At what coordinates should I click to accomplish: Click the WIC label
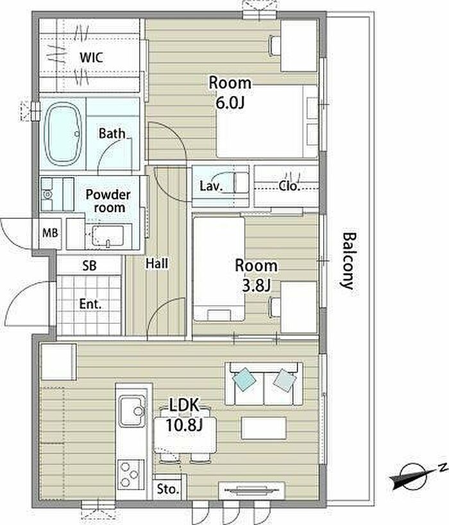[x=92, y=57]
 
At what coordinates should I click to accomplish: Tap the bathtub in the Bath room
[x=64, y=133]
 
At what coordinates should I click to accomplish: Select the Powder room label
[x=108, y=201]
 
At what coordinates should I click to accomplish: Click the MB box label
[x=50, y=233]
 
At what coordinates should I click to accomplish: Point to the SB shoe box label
[x=89, y=266]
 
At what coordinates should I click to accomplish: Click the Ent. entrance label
[x=90, y=304]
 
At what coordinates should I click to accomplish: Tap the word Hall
[x=157, y=263]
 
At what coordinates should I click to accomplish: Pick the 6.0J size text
[x=230, y=103]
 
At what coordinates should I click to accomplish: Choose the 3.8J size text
[x=256, y=286]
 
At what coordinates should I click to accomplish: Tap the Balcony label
[x=348, y=260]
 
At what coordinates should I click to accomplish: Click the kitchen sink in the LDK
[x=132, y=411]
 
